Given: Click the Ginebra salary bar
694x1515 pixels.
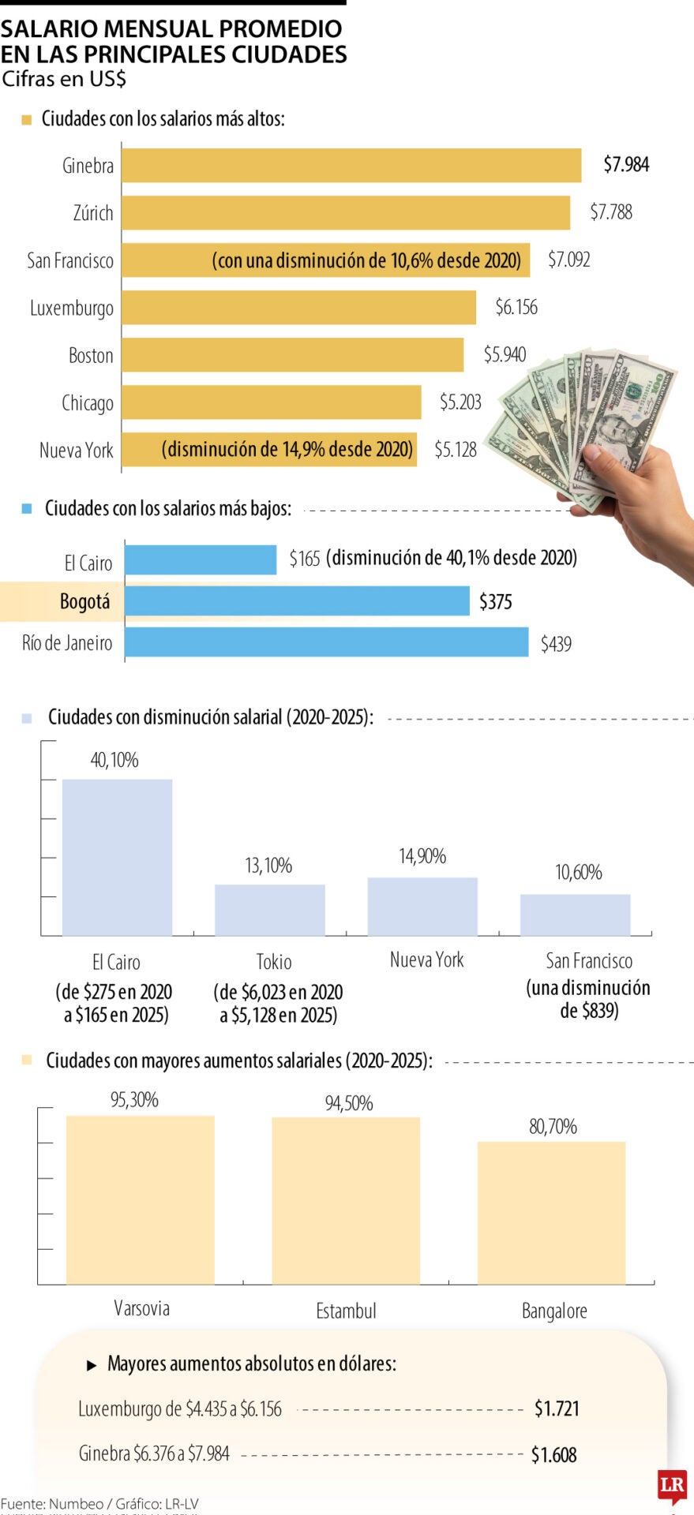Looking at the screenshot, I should (x=351, y=166).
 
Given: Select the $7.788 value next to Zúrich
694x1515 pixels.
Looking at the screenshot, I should (x=611, y=212).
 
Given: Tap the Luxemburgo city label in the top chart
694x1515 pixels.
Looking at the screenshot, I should (x=72, y=308).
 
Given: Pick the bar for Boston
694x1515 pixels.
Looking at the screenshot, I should (x=292, y=355).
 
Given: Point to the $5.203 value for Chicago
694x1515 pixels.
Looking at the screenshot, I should (x=460, y=402).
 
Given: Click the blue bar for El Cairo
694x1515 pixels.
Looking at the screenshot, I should (x=201, y=559).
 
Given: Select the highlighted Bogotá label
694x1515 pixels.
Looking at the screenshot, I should (x=84, y=602).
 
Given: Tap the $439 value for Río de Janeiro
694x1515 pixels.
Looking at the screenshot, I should (x=556, y=644).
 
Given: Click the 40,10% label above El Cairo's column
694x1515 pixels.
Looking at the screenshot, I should (x=114, y=760).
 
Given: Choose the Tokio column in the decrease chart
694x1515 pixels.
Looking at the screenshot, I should (x=269, y=910).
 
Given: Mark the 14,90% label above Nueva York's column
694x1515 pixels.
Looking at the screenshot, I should (x=422, y=856).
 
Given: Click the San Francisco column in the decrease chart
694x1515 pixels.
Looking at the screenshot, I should (x=575, y=915).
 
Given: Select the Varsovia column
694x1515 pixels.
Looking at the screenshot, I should (x=141, y=1199).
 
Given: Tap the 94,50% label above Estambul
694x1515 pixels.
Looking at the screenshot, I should (x=349, y=1103).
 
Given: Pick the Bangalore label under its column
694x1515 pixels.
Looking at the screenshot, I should (x=554, y=1311).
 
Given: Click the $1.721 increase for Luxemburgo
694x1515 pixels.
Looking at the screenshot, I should (x=557, y=1408).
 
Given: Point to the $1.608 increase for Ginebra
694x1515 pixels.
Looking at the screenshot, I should (x=554, y=1454).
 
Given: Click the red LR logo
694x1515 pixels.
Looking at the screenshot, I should (x=672, y=1485).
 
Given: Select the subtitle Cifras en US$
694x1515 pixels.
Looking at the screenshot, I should (x=65, y=79).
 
